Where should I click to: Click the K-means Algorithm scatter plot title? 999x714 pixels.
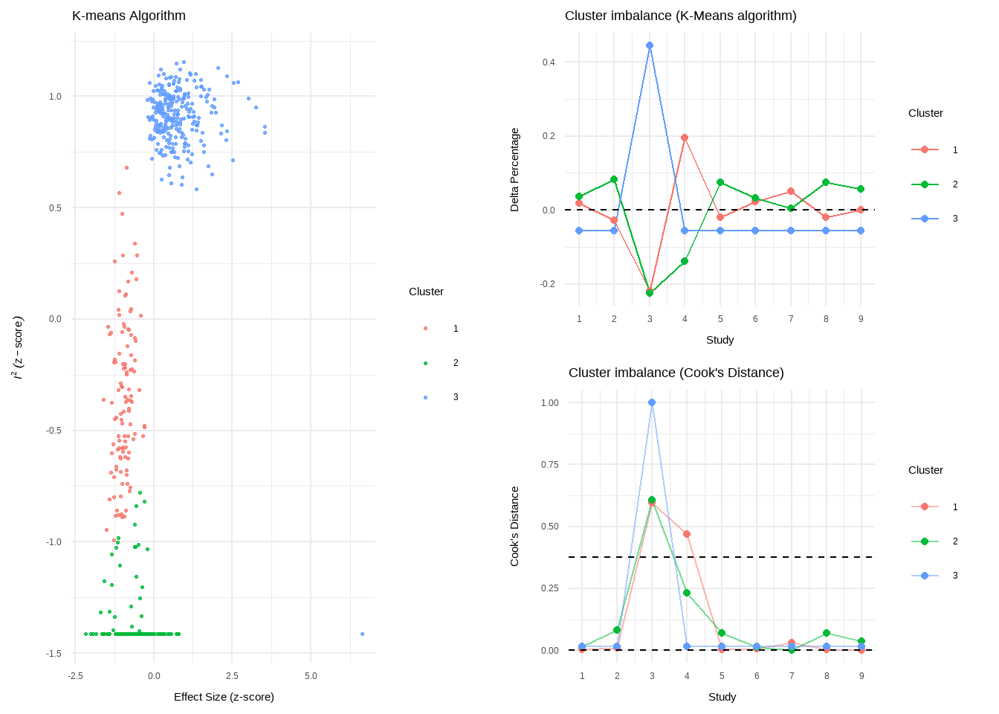pos(129,16)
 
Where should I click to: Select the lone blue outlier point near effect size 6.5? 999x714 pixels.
pos(362,634)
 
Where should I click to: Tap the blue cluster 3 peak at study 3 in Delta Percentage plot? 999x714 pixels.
pos(650,45)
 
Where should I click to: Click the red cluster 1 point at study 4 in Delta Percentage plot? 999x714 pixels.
pos(685,138)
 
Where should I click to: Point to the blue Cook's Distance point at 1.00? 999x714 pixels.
pos(652,402)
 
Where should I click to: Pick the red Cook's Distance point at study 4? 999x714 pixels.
pos(687,534)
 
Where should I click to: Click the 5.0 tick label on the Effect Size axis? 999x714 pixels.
pos(311,676)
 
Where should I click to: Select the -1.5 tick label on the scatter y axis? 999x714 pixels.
pos(54,654)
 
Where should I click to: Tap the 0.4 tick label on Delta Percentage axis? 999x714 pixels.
pos(549,62)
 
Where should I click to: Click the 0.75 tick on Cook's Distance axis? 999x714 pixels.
pos(549,465)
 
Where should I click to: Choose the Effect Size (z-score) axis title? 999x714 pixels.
pos(224,697)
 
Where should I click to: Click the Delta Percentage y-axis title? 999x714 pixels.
pos(514,170)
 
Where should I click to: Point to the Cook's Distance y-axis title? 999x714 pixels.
pos(514,527)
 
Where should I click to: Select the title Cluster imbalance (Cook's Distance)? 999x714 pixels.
pos(676,373)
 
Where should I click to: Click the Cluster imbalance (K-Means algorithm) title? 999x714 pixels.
pos(680,16)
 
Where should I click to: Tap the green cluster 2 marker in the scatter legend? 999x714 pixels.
pos(425,363)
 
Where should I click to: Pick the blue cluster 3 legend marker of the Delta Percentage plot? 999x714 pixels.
pos(925,219)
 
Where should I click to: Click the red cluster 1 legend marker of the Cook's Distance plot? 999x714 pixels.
pos(925,506)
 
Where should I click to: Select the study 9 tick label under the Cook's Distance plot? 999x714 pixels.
pos(861,676)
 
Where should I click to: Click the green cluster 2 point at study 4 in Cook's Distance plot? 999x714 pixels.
pos(687,593)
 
